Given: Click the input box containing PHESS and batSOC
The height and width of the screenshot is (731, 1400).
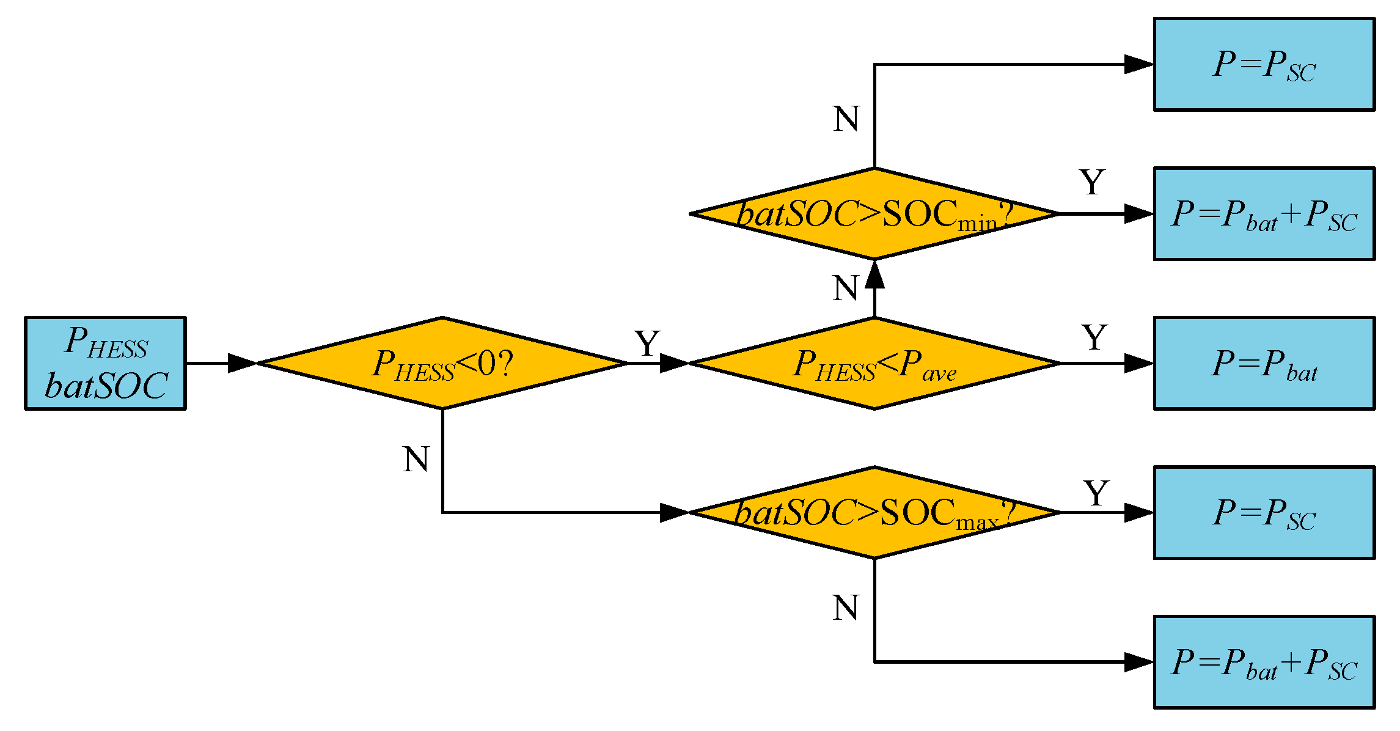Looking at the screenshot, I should [105, 363].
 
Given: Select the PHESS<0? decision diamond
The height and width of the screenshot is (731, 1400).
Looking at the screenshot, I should [442, 363].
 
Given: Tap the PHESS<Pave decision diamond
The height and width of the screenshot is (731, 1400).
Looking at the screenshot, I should [874, 363].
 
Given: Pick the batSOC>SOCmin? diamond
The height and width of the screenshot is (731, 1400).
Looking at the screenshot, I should [874, 214].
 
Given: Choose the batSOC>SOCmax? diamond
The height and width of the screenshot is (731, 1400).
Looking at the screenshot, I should [874, 512].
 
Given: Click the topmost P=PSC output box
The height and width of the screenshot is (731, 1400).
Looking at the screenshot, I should [1264, 64].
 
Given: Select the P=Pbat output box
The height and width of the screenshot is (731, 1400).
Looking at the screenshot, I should [1264, 363].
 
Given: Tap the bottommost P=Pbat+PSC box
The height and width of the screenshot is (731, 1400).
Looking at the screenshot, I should [1264, 662].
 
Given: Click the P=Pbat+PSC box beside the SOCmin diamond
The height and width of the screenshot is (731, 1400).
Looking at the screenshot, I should [1264, 214].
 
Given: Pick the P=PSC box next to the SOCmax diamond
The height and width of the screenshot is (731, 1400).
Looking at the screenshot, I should [1264, 512].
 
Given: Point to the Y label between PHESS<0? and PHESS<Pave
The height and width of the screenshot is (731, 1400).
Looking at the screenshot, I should [647, 343].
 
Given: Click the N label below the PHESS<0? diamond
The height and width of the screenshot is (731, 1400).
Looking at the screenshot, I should [416, 459].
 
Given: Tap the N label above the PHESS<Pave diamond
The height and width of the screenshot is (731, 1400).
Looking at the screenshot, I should [846, 288].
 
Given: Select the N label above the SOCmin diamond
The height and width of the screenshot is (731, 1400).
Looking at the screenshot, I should [846, 119].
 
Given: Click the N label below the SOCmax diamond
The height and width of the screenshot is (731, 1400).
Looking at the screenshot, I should [846, 608].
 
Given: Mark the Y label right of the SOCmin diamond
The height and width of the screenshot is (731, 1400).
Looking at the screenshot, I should [1092, 182].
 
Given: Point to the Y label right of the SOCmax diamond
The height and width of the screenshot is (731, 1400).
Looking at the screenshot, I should [1096, 493].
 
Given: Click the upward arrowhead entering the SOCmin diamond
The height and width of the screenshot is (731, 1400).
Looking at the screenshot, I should [874, 274].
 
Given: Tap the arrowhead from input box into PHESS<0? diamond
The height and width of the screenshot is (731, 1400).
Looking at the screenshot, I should [242, 363].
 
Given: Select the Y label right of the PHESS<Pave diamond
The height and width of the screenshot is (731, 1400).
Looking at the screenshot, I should [1094, 337].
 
